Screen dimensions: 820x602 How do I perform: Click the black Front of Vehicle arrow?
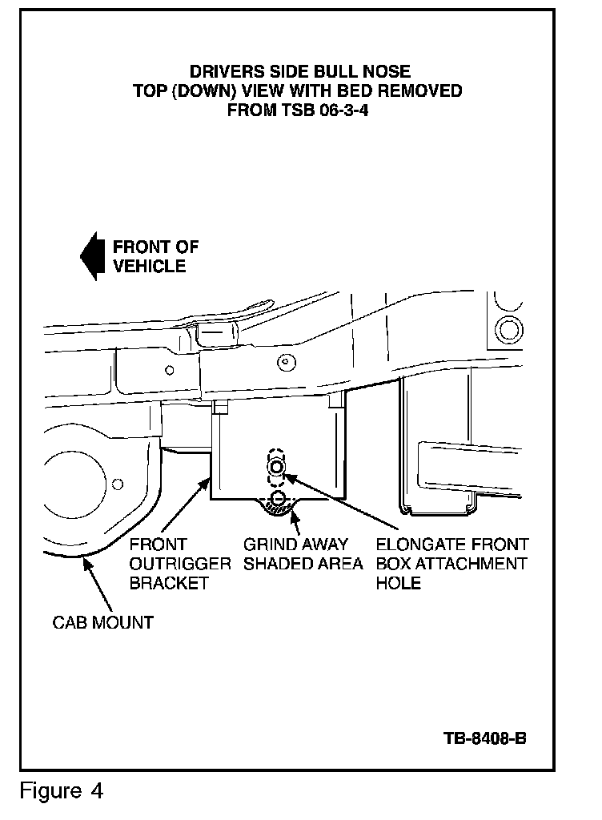tap(89, 256)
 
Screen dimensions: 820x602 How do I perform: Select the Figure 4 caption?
tap(62, 792)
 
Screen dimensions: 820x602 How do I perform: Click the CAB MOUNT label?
tap(102, 622)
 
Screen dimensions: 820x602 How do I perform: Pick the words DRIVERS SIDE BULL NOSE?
tap(300, 72)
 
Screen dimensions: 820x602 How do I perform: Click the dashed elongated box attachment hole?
tap(276, 468)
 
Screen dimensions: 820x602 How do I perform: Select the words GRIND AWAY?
tap(295, 545)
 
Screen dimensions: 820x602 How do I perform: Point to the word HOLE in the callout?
tap(398, 583)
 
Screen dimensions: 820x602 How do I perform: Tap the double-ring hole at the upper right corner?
tap(508, 328)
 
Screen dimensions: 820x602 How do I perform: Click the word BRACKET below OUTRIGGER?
tap(169, 583)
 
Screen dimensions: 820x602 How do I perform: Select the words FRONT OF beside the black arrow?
tap(155, 247)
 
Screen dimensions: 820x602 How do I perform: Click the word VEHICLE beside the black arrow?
tap(149, 266)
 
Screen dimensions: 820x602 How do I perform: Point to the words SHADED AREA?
tap(303, 564)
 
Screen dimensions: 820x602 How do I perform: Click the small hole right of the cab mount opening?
tap(118, 484)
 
